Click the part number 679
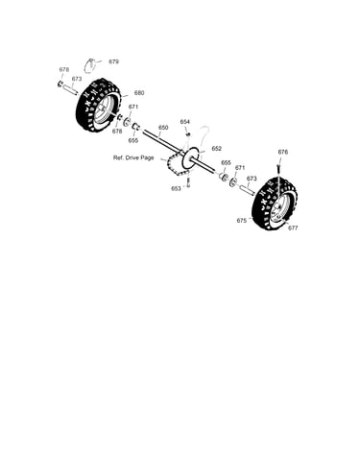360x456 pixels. (x=113, y=61)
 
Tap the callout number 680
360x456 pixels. (x=139, y=93)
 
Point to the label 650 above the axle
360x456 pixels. (x=163, y=128)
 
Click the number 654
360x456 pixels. (x=184, y=122)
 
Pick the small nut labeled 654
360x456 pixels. (x=188, y=134)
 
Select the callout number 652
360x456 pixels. (x=217, y=149)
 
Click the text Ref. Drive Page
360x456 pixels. (x=133, y=157)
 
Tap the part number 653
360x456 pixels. (x=176, y=188)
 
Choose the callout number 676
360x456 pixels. (x=283, y=152)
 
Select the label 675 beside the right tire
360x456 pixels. (x=242, y=221)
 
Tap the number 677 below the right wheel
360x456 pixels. (x=293, y=228)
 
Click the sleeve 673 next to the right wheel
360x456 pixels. (x=248, y=189)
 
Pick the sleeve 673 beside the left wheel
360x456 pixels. (x=70, y=90)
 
